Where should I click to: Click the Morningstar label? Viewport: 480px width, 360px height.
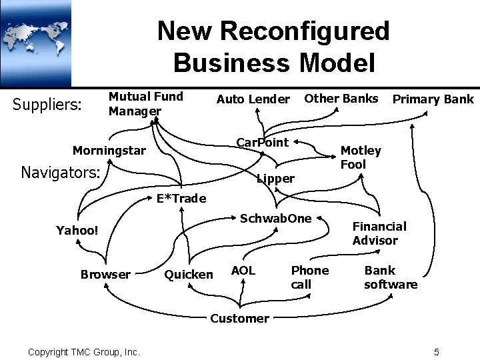pos(108,150)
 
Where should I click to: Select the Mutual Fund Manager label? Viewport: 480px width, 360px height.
pos(145,103)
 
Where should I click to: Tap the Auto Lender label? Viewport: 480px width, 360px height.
pos(253,99)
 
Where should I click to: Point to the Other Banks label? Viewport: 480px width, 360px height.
pos(341,98)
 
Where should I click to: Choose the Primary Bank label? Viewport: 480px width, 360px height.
pos(433,99)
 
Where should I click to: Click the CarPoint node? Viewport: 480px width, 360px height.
pos(263,142)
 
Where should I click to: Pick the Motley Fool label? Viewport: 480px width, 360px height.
pos(361,157)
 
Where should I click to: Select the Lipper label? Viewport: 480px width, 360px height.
pos(275,178)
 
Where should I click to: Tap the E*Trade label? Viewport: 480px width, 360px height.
pos(181,198)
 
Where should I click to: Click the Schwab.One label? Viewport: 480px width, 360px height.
pos(275,218)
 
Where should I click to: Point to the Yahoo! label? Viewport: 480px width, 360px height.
pos(77,231)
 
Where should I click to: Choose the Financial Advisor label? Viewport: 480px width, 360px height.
pos(379,233)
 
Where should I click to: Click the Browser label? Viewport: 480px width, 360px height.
pos(105,274)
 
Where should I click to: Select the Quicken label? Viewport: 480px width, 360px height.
pos(189,274)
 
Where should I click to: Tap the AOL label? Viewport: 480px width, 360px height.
pos(243,270)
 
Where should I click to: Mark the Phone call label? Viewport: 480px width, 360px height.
pos(309,277)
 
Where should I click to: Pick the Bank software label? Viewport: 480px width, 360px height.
pos(391,277)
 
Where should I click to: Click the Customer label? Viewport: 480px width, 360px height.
pos(239,318)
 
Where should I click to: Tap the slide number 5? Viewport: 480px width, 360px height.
pos(436,351)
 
